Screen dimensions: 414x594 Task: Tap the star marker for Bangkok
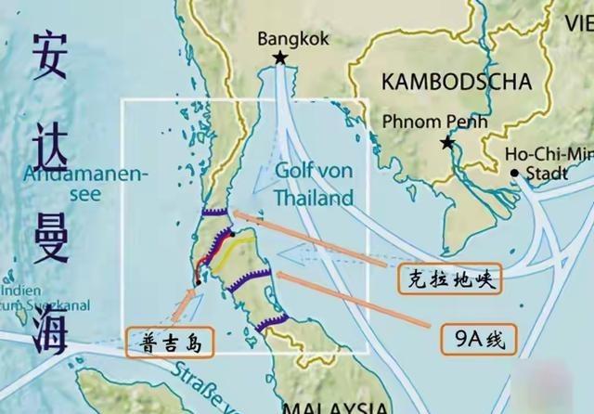coord(279,59)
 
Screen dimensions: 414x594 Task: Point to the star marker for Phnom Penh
coord(447,143)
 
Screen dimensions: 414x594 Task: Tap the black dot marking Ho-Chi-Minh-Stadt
coord(514,173)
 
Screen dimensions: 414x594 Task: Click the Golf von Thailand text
coord(314,184)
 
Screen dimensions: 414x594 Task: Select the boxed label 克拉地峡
coord(449,277)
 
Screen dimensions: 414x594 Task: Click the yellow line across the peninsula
coord(234,246)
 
